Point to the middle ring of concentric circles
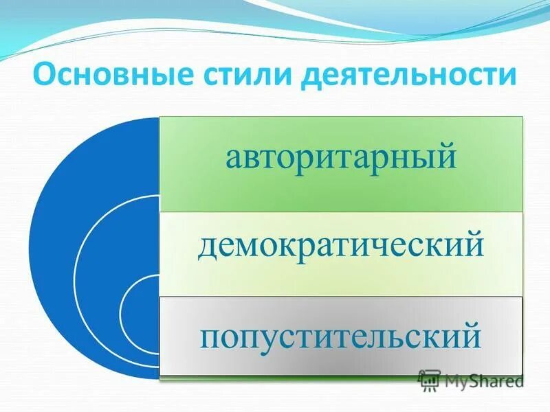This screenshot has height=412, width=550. [96, 275]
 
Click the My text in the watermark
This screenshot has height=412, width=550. [456, 380]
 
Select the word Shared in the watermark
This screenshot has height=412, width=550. [496, 380]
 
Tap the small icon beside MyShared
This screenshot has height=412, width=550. [430, 380]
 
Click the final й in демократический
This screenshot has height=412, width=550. [475, 244]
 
